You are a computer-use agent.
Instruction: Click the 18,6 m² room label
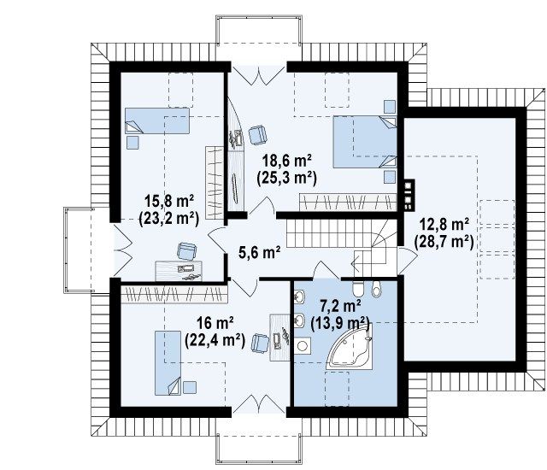287,162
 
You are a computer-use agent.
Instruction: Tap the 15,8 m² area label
169,203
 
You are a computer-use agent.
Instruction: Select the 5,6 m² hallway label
260,252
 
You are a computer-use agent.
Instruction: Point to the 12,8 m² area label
444,225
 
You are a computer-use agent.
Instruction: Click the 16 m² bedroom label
215,324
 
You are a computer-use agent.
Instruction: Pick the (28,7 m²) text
444,242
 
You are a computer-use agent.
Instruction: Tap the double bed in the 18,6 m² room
365,142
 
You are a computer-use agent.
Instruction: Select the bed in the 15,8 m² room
157,120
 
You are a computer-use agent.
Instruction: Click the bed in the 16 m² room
168,363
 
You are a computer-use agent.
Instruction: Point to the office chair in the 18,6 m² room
257,134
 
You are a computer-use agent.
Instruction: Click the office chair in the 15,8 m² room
186,250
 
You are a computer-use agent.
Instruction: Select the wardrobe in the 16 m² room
174,295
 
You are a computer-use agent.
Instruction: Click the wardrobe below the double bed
348,203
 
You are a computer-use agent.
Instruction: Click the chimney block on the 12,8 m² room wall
409,195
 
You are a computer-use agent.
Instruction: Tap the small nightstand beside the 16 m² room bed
190,387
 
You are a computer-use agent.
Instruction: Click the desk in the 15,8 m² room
179,271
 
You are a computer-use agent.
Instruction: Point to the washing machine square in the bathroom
302,346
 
